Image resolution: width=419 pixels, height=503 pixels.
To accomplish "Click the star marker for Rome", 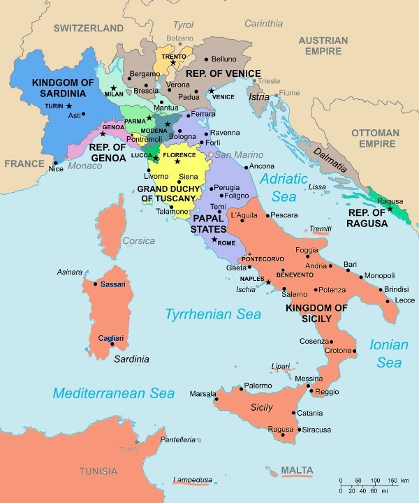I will click(214, 240).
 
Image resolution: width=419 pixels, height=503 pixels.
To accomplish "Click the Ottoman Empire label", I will click(375, 138).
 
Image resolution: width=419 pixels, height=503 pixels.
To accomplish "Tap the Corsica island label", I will click(138, 241).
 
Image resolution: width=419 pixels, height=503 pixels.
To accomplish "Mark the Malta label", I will click(297, 470).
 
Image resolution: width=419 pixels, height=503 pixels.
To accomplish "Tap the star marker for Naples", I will click(267, 282).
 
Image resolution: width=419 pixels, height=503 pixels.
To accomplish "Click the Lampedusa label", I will click(193, 481).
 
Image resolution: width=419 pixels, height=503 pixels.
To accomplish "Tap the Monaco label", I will click(85, 166).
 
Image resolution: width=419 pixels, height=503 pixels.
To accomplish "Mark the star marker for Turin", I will click(69, 105).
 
